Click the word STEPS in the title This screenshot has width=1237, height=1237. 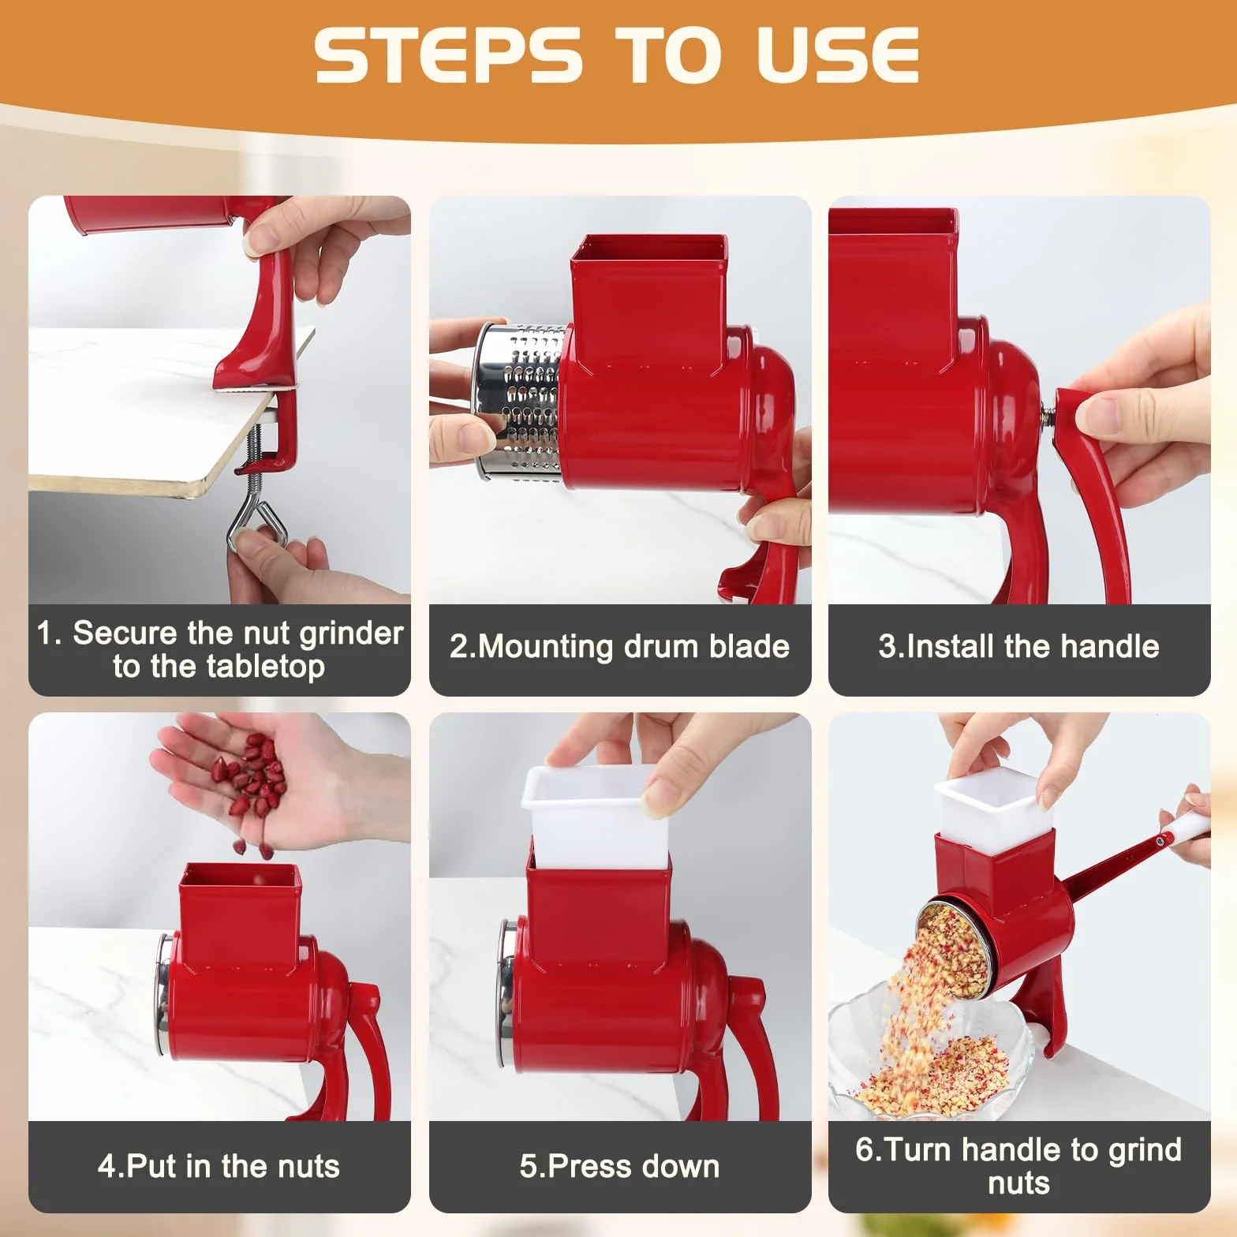[x=447, y=54]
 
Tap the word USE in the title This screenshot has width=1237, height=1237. [x=838, y=54]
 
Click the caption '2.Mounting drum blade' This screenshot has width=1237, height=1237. [x=619, y=647]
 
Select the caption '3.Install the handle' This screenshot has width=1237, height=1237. [x=1018, y=647]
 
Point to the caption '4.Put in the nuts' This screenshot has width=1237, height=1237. [x=219, y=1166]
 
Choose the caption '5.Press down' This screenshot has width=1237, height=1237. [x=619, y=1166]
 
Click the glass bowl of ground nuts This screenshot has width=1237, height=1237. [x=931, y=1050]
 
